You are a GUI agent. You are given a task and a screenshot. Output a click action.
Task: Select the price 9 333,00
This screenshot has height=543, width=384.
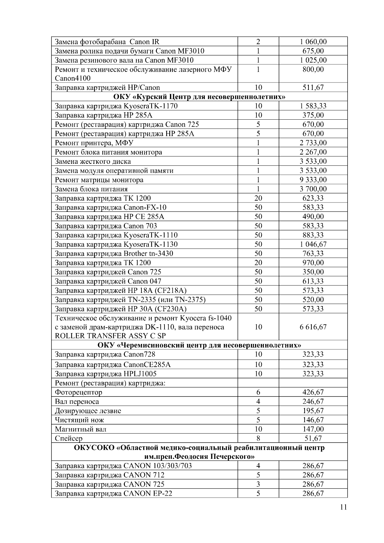point(313,180)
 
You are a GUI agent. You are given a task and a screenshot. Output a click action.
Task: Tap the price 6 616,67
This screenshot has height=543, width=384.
point(313,327)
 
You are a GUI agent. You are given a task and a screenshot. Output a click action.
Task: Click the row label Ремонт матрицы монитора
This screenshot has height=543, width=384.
point(99,180)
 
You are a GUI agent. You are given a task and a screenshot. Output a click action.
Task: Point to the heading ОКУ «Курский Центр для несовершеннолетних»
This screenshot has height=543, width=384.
point(199,97)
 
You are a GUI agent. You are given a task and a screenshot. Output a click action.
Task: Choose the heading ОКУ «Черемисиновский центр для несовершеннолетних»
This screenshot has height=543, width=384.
point(199,345)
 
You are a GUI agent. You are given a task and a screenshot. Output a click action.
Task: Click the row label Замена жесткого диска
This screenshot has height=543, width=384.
point(93,162)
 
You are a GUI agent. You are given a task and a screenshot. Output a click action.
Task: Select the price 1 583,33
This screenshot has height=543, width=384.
point(313,106)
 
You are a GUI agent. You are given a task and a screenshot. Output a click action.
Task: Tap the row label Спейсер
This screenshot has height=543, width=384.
point(68,438)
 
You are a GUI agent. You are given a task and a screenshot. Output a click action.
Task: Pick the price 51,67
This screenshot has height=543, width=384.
point(313,438)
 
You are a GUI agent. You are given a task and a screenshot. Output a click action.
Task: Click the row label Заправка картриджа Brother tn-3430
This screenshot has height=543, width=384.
point(114,254)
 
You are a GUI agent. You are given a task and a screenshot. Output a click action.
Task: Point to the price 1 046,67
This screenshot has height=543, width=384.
point(313,244)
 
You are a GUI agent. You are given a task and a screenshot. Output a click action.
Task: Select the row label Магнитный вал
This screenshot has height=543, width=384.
point(81,429)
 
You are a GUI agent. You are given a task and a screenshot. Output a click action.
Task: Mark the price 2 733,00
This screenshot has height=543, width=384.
point(313,143)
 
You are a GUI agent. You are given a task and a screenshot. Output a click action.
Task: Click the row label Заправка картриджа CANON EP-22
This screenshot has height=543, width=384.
point(114,493)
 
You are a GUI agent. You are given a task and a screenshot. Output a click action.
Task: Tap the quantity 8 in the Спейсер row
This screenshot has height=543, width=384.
point(258,438)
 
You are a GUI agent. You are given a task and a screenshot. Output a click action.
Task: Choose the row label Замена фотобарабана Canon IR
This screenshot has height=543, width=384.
point(107,42)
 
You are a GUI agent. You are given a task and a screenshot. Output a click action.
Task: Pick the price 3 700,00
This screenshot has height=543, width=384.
point(313,189)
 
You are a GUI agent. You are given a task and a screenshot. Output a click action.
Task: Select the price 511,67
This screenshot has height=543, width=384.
point(313,88)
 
